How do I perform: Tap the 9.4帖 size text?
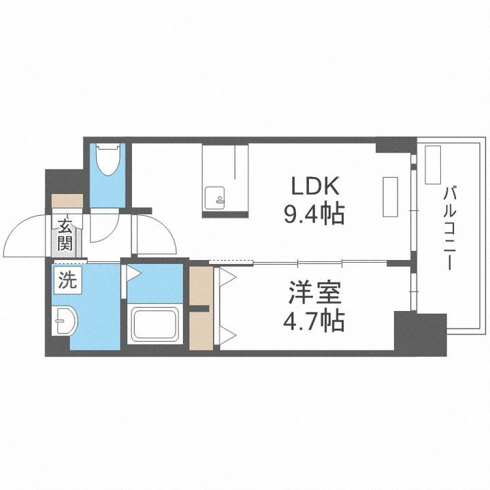(x=314, y=215)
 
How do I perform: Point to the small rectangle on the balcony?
(x=433, y=165)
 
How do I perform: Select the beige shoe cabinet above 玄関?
(x=67, y=201)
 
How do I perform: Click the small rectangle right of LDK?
(x=391, y=196)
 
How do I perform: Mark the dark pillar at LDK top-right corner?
(x=395, y=145)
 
